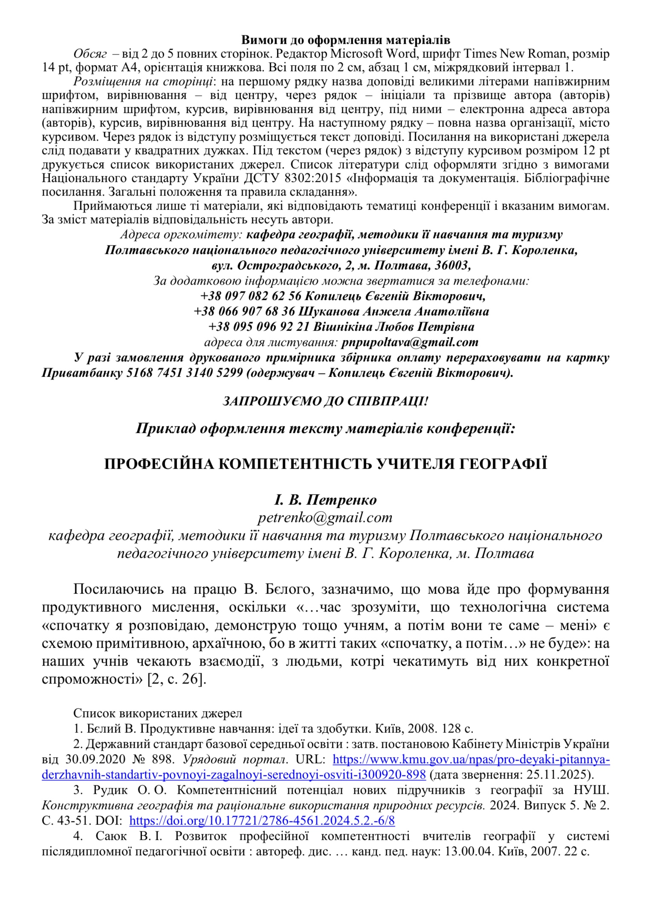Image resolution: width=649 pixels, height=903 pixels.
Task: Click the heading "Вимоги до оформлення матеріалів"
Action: click(346, 40)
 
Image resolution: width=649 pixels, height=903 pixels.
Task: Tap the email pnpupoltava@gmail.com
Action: click(410, 342)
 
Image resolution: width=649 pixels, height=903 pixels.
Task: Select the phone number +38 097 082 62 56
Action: click(251, 296)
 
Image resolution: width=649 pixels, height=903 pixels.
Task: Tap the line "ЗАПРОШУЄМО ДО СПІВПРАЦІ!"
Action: click(324, 401)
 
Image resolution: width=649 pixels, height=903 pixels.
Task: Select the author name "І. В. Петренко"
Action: click(325, 499)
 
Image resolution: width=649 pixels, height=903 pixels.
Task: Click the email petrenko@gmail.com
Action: click(324, 517)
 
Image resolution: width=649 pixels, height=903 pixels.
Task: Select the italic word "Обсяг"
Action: click(90, 54)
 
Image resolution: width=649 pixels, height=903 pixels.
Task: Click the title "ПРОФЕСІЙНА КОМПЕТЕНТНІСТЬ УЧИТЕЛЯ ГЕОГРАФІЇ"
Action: click(325, 464)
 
